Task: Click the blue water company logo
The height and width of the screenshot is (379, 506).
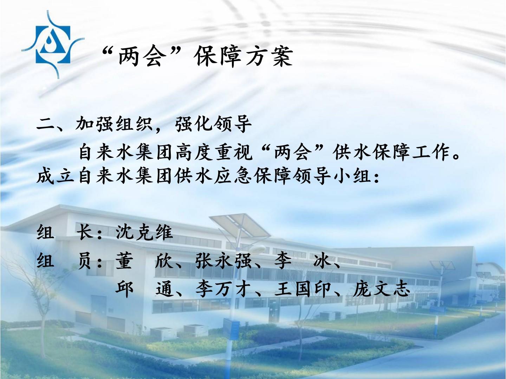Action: pyautogui.click(x=53, y=45)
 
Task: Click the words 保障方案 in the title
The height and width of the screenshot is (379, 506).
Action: pyautogui.click(x=244, y=57)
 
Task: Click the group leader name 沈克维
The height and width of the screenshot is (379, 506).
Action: pyautogui.click(x=144, y=232)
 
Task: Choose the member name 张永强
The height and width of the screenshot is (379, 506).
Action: pyautogui.click(x=223, y=261)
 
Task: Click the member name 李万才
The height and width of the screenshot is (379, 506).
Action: pyautogui.click(x=223, y=289)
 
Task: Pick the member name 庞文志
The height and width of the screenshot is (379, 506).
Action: pyautogui.click(x=381, y=289)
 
